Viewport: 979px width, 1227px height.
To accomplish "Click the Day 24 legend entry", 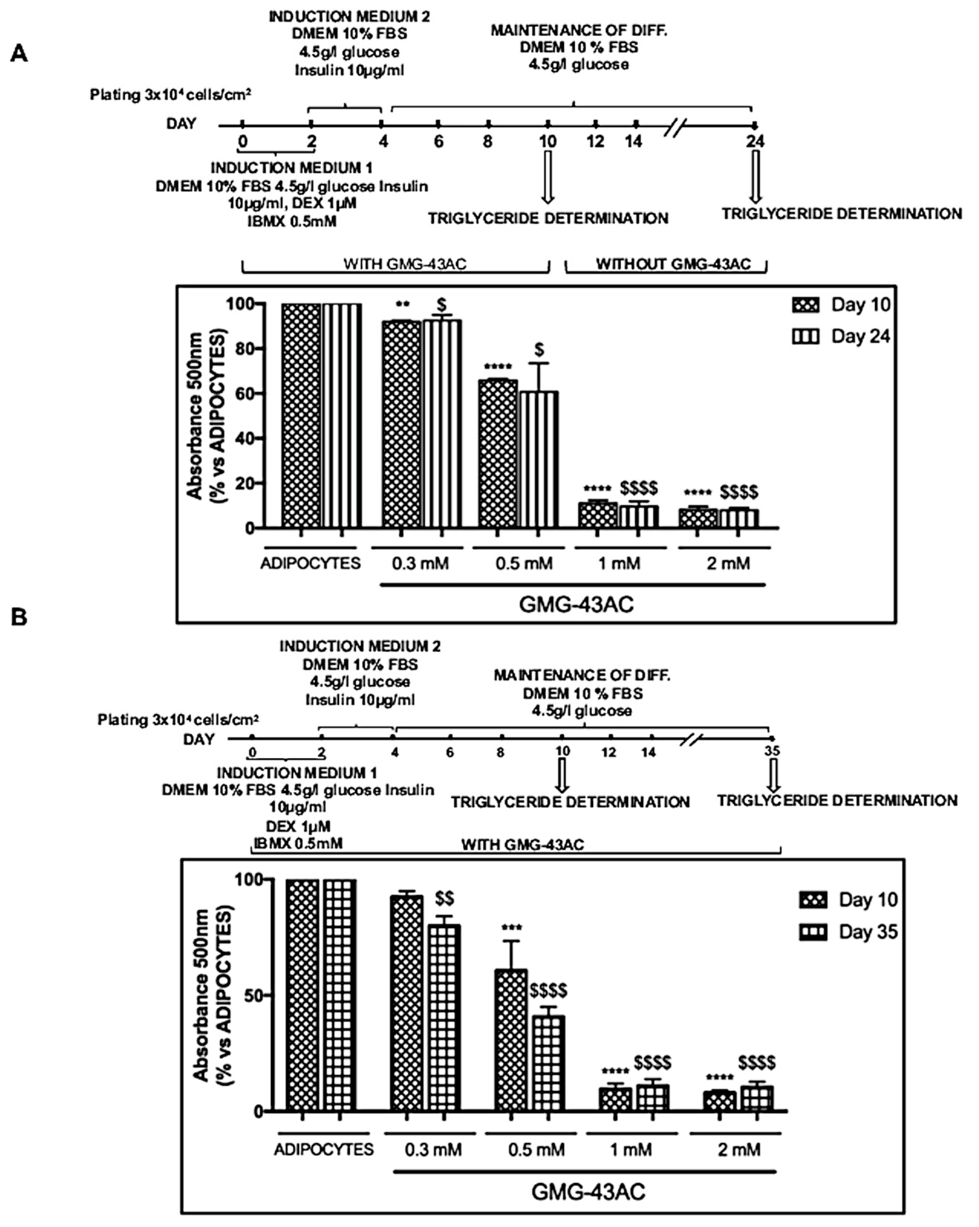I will (841, 336).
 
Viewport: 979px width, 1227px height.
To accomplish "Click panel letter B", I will (19, 617).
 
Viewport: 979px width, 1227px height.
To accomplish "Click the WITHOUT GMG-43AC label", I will (673, 264).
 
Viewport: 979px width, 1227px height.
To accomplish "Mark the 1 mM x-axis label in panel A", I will (619, 563).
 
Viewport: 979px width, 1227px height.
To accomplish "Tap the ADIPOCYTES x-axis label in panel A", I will (310, 563).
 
